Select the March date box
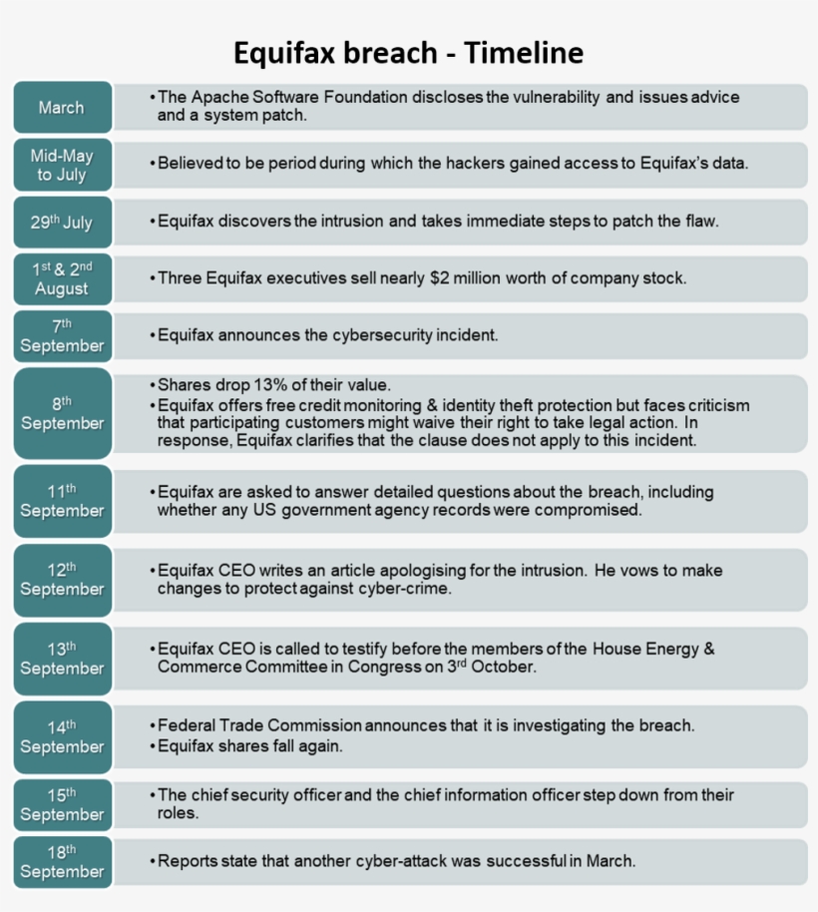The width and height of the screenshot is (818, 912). (x=62, y=107)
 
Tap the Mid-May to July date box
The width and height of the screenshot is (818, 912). (x=62, y=165)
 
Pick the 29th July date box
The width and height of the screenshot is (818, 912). (x=62, y=222)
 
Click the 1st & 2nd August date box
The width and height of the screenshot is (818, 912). (x=62, y=278)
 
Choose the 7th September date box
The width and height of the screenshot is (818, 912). (x=62, y=335)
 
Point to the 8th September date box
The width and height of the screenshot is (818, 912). (x=62, y=413)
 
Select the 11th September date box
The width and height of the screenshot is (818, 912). (x=62, y=500)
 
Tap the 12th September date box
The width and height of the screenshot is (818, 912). (x=62, y=579)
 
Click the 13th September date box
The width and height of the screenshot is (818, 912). (x=62, y=659)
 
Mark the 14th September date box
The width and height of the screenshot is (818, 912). (x=62, y=736)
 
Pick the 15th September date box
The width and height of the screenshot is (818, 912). (x=62, y=804)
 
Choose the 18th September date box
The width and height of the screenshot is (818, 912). (x=62, y=861)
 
